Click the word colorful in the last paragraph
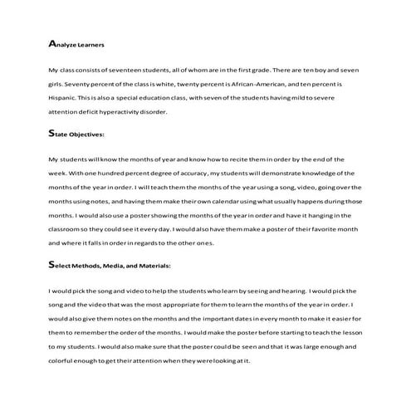point(68,358)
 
